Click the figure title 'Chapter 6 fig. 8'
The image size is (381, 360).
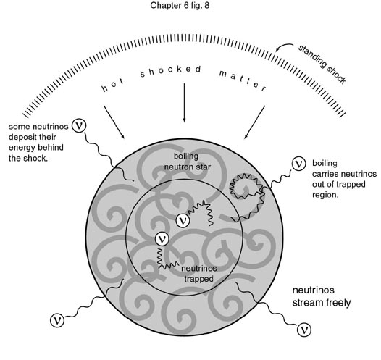180,5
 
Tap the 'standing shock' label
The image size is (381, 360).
322,64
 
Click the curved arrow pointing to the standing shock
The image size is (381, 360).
283,46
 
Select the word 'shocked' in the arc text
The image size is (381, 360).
170,71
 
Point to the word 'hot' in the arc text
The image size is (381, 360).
113,85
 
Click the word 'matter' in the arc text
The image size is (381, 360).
243,80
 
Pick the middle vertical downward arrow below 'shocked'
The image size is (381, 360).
184,102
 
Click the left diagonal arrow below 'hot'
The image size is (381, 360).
114,122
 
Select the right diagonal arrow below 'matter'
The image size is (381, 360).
254,122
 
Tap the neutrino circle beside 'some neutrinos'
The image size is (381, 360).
79,125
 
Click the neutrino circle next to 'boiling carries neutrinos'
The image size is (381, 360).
298,164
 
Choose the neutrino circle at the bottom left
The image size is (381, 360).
57,320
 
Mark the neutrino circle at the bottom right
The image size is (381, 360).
304,330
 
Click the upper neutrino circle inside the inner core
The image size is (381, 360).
183,221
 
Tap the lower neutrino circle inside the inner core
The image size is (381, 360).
162,239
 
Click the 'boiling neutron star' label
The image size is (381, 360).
187,162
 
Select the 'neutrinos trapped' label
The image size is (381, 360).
199,274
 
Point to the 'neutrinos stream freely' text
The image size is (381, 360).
322,296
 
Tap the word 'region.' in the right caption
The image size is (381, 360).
325,195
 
